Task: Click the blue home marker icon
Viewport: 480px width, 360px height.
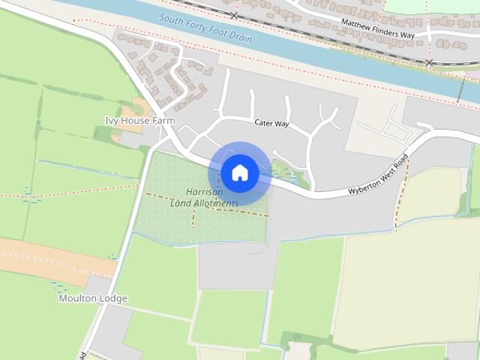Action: coord(240,172)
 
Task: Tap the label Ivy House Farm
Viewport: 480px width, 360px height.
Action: coord(139,120)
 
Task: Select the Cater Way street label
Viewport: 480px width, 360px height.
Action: coord(271,123)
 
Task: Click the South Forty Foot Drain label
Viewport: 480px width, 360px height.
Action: coord(205,28)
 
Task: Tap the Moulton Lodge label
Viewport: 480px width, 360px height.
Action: coord(93,298)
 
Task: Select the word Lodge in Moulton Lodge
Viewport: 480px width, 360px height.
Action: coord(114,298)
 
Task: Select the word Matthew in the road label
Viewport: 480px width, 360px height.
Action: coord(358,23)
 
